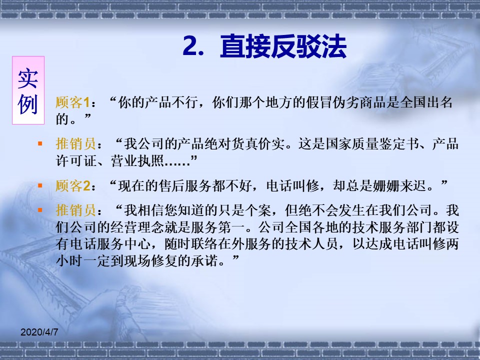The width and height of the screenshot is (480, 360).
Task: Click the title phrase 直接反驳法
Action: click(283, 46)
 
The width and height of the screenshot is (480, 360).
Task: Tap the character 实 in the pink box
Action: click(28, 78)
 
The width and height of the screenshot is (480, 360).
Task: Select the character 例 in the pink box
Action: click(28, 104)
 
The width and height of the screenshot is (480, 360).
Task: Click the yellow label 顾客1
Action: click(72, 102)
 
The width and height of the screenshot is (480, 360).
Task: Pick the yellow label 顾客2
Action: click(73, 185)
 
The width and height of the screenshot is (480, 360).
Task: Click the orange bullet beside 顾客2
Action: click(40, 185)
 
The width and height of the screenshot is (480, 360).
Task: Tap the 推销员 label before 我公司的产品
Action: click(76, 143)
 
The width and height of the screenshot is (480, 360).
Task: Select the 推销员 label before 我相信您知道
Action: click(76, 210)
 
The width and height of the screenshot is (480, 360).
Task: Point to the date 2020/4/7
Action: click(39, 332)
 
